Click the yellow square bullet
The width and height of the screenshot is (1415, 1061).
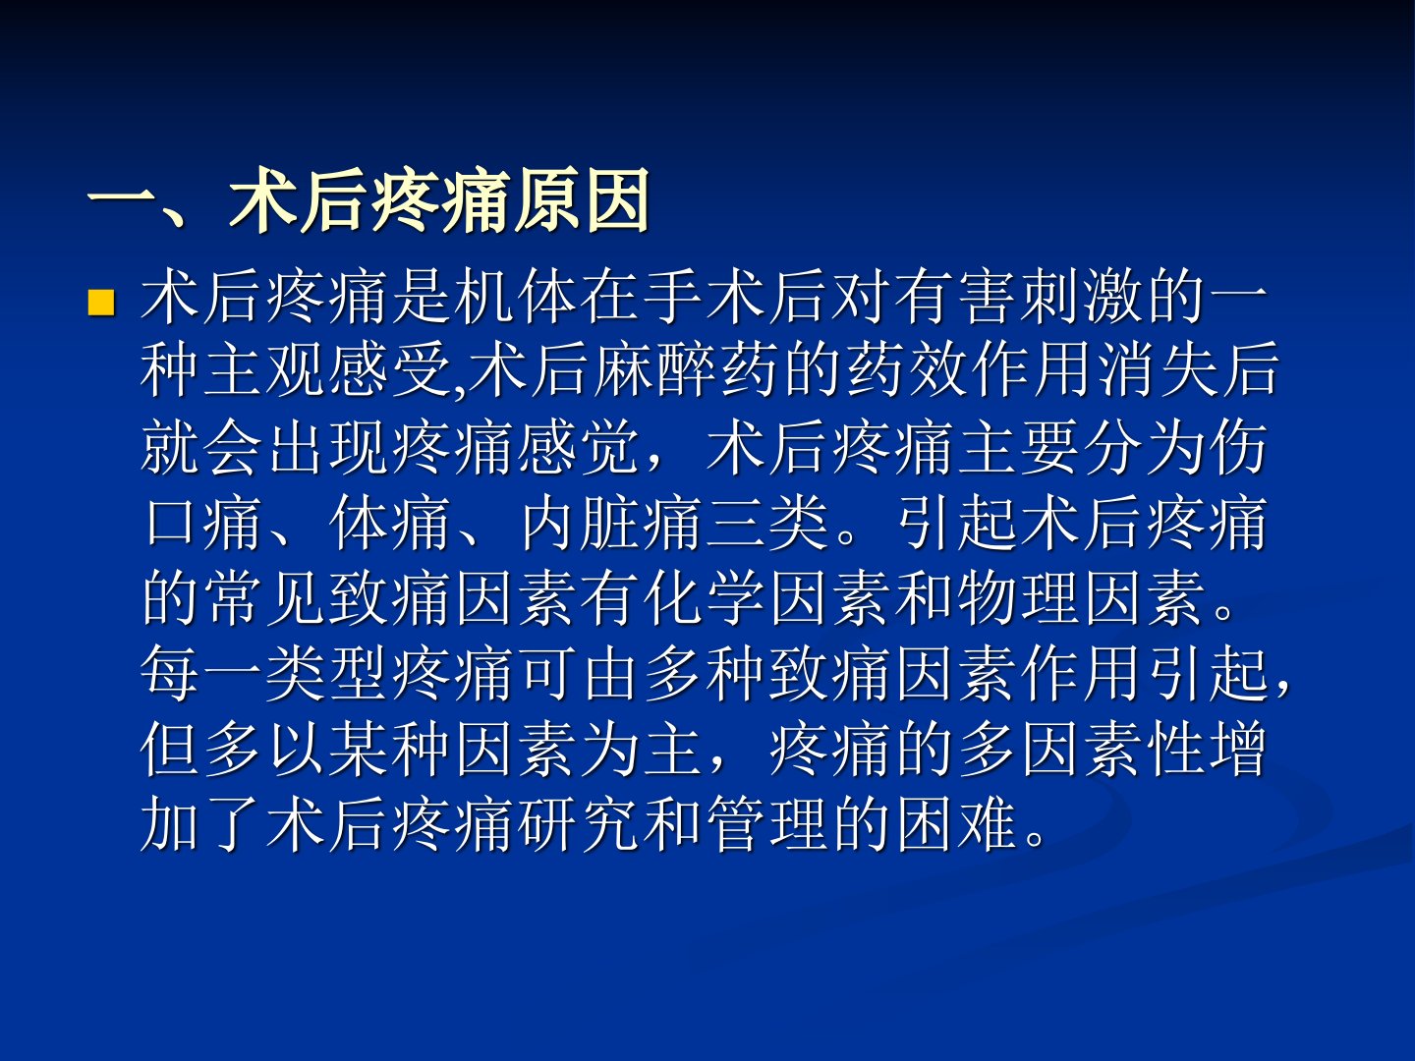coord(101,304)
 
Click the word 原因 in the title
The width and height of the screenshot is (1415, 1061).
coord(582,200)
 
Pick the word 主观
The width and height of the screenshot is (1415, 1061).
coord(232,371)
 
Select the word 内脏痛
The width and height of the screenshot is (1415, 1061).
coord(609,523)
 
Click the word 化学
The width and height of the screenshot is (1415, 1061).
coord(704,598)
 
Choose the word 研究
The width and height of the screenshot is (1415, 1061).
coord(578,824)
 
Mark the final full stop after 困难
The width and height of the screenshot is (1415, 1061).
coord(1036,838)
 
